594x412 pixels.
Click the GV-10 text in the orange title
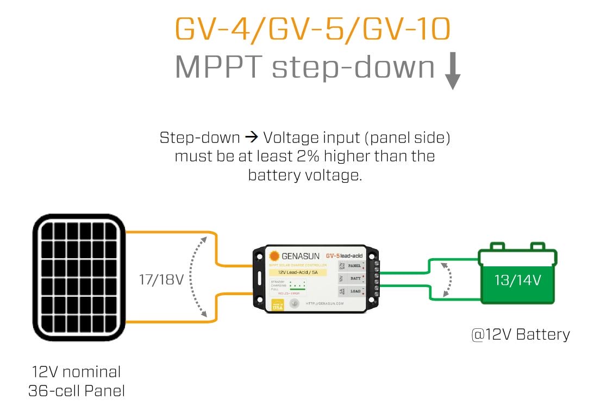[406, 30]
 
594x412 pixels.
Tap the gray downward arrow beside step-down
[452, 71]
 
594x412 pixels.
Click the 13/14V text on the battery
[517, 280]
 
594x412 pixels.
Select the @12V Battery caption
[520, 334]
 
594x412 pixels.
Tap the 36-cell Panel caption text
[77, 390]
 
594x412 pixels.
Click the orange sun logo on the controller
[274, 256]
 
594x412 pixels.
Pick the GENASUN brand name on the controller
[299, 256]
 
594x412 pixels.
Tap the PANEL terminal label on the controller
[354, 266]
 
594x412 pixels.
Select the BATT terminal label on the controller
[355, 278]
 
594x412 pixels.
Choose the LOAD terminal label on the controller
[355, 291]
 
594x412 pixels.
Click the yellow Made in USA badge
[278, 303]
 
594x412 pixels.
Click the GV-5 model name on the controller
[333, 255]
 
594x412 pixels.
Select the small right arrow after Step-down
[234, 138]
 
